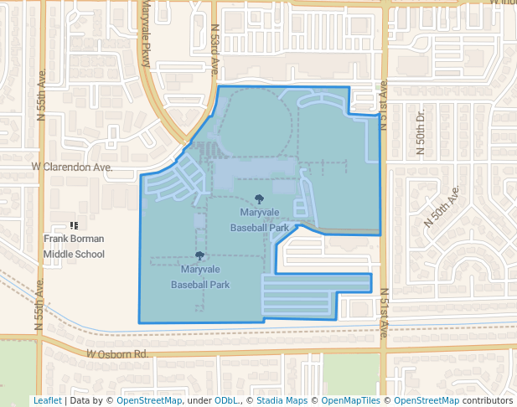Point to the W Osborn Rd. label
(117, 355)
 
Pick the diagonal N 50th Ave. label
(442, 207)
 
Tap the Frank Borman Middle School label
(75, 246)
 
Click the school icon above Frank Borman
(75, 225)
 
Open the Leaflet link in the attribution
(47, 400)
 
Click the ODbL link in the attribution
(226, 400)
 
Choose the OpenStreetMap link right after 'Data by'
(149, 400)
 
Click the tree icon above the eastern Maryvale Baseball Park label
(259, 199)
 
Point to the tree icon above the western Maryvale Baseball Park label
(199, 256)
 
